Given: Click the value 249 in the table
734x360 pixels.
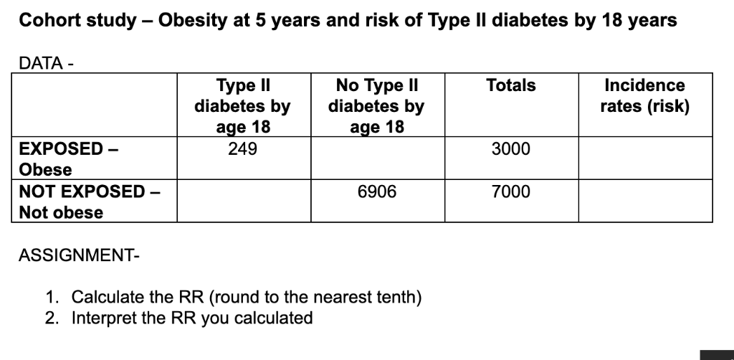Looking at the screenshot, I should click(242, 149).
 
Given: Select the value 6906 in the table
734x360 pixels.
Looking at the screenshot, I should click(376, 191).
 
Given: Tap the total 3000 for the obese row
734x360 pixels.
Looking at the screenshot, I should click(510, 149).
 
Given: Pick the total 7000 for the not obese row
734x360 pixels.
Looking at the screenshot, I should click(510, 191).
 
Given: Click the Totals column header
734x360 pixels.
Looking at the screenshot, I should click(510, 85).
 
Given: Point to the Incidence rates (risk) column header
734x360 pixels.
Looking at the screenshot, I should click(645, 96).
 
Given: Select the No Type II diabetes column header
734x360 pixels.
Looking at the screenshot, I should click(376, 106).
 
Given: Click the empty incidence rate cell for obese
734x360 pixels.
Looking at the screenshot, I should click(645, 158).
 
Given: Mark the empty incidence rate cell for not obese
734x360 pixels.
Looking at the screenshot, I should click(645, 201).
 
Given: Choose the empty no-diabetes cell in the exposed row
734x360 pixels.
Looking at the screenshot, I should click(376, 158).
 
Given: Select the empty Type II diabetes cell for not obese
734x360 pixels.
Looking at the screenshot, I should click(242, 201).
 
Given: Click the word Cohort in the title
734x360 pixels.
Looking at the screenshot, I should click(48, 20).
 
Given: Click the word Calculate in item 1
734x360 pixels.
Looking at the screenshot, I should click(108, 297).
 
